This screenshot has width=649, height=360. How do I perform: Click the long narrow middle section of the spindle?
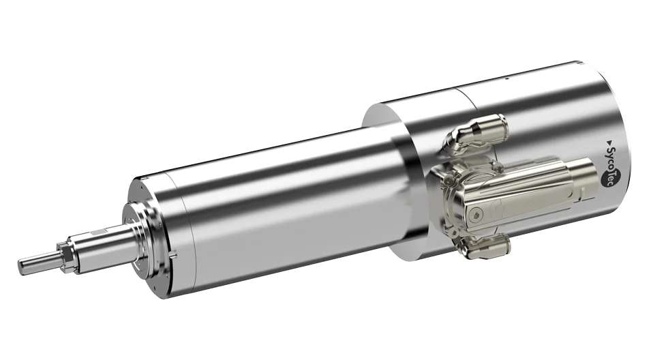(273, 205)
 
